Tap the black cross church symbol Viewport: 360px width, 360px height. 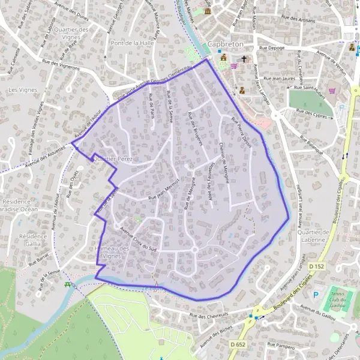click(x=244, y=59)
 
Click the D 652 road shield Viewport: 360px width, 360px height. click(x=238, y=344)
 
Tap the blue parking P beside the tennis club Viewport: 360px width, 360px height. click(x=316, y=294)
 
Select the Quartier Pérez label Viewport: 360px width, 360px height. click(x=113, y=158)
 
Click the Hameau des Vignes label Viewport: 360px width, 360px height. click(x=112, y=252)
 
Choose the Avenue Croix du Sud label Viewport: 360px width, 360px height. click(x=138, y=238)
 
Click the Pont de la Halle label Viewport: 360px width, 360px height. click(x=133, y=43)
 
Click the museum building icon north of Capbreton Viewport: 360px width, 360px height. click(x=208, y=11)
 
